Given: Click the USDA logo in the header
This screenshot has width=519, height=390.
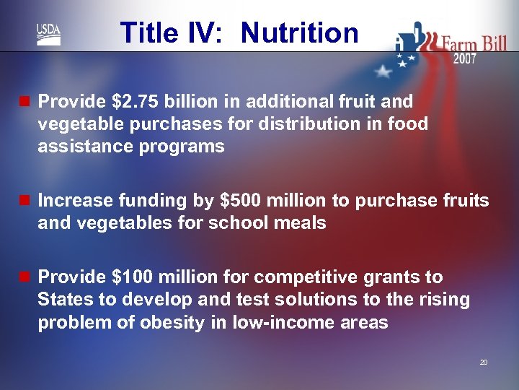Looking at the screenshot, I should tap(48, 34).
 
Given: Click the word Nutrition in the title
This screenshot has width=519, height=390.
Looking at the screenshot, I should tap(299, 33).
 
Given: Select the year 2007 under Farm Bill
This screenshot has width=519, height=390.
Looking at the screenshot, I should tap(464, 59).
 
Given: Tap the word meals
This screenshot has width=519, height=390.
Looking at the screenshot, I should tap(302, 223).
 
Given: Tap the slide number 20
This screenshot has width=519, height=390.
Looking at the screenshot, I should tap(484, 362).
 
